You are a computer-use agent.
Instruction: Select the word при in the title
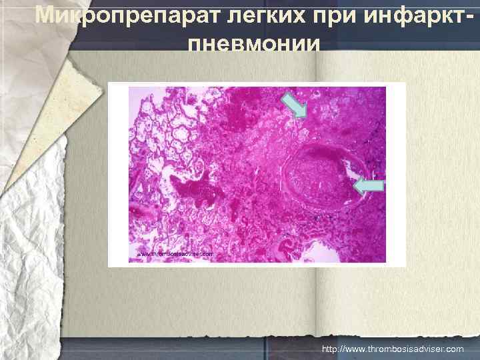tap(307, 15)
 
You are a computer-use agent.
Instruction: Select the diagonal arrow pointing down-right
tap(293, 105)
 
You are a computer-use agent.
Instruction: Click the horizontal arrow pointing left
tap(368, 187)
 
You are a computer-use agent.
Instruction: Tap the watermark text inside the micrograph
tap(175, 254)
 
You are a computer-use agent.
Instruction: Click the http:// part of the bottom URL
tap(331, 349)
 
